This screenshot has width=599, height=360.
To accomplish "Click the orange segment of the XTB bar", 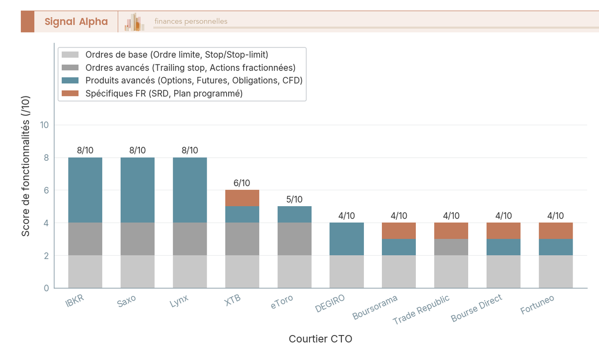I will coord(242,198).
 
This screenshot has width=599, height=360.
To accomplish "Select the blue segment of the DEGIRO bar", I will coord(346,239).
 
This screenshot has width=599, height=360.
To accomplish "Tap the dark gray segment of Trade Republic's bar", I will coord(451,247).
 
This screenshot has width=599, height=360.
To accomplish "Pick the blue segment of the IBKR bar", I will coord(85,190).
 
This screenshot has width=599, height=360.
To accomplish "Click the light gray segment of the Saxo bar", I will coord(137,272).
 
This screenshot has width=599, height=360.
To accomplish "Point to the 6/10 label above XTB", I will coord(242,183).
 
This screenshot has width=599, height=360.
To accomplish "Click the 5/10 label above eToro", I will coord(295,200).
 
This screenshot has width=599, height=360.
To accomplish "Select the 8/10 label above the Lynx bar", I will coord(190,150).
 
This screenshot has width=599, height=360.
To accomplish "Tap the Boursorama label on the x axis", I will coord(375,307).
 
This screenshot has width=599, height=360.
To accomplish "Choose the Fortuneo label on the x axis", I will coord(538,304).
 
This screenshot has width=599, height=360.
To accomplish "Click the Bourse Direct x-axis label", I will coord(477,308).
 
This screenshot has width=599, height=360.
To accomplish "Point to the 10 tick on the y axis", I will coord(44,125).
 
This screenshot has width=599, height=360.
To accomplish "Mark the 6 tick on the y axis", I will coord(46,190).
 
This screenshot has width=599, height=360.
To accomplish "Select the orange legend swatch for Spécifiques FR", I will coord(70,93).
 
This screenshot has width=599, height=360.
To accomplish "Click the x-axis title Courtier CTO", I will coord(320,339).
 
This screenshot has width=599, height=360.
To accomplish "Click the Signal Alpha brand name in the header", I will coord(76,21).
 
